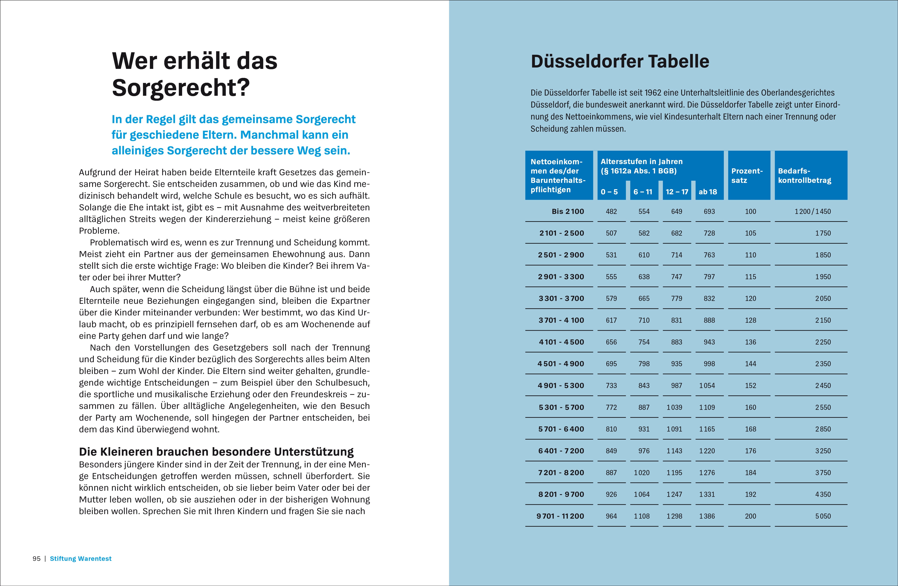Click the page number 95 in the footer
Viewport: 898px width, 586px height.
point(37,558)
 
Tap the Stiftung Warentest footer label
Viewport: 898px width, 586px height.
point(81,558)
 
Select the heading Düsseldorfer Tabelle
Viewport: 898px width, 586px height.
point(620,61)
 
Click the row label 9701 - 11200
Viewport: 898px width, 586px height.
point(560,516)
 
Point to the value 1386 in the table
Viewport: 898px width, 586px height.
point(707,516)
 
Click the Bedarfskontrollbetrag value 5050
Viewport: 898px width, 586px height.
point(823,516)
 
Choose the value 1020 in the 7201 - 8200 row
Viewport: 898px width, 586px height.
point(642,473)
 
